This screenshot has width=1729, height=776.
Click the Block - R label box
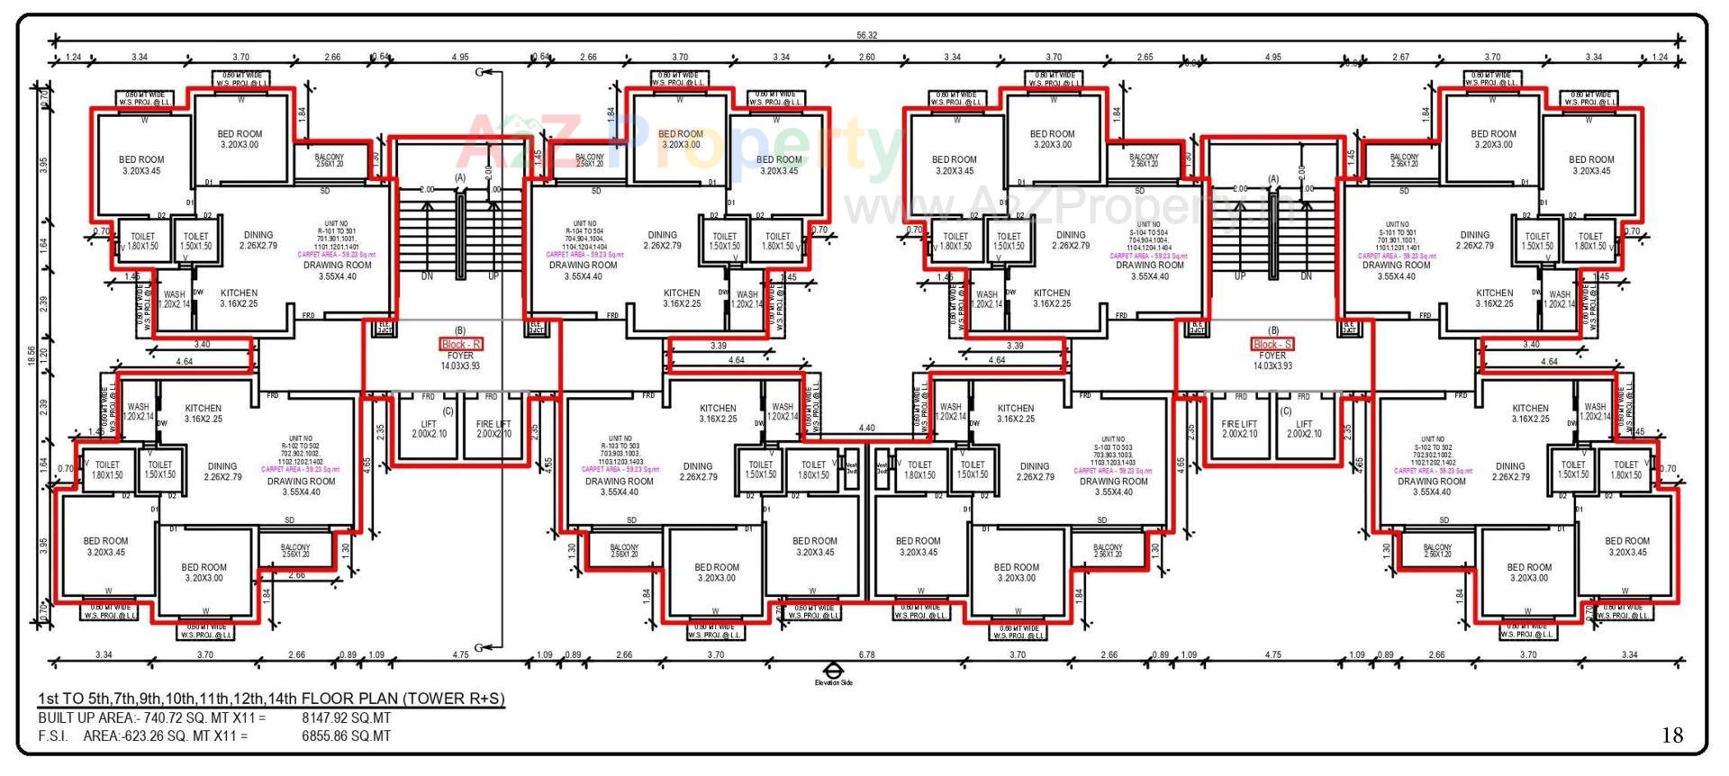coord(461,345)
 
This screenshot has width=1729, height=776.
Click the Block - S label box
coord(1272,345)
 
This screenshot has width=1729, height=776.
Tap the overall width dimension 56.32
coord(866,35)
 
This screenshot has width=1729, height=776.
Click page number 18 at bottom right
coord(1671,735)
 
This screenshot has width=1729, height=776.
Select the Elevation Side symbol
coord(834,672)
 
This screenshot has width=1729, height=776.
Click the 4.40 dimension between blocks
coord(866,429)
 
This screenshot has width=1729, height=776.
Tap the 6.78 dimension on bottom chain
coord(866,655)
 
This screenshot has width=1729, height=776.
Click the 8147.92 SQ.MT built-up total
coord(347,718)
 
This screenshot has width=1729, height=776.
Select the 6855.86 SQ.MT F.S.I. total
coord(347,736)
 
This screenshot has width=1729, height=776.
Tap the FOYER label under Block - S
coord(1272,356)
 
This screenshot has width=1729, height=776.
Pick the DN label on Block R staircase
coord(428,276)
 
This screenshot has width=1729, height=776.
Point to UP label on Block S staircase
coord(1240,276)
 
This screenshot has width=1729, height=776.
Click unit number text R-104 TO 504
coord(584,231)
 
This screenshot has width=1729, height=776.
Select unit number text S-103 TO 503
coord(1113,447)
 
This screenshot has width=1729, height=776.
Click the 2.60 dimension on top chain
coord(866,58)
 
